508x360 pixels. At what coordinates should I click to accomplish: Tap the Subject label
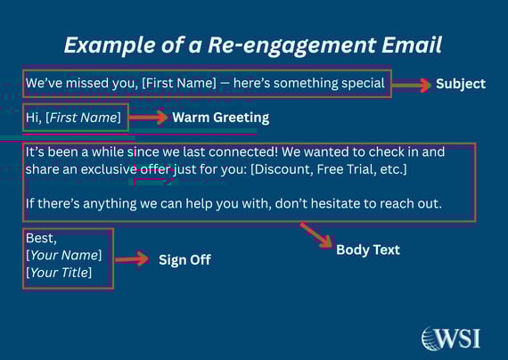click(460, 84)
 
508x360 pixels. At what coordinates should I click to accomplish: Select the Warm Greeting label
click(220, 118)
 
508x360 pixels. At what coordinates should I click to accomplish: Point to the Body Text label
click(368, 250)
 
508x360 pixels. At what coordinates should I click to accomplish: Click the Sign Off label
click(184, 260)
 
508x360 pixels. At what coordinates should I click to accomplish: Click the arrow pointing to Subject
click(411, 85)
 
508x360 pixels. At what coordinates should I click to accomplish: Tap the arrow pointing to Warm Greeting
click(149, 118)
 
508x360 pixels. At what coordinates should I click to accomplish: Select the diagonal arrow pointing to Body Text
click(315, 235)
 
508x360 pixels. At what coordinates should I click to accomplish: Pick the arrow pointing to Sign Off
click(133, 259)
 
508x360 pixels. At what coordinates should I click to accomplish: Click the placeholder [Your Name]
click(63, 256)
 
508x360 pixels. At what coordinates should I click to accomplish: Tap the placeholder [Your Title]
click(59, 272)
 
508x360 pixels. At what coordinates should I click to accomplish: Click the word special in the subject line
click(362, 84)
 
